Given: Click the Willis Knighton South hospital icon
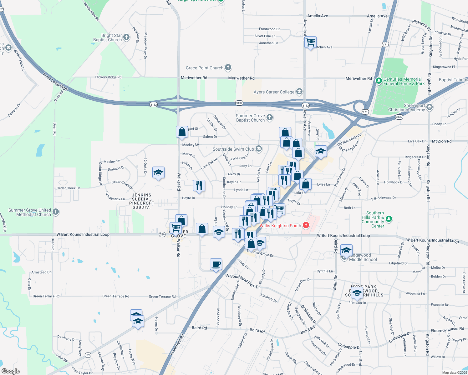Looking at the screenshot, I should pos(306,225).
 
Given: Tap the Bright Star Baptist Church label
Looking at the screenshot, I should pos(107,37).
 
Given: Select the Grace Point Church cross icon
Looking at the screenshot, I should pos(228,67).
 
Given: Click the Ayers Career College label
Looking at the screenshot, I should pos(274,92).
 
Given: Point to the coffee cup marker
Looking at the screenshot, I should pos(216,264).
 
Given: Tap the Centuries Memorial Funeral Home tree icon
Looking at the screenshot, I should pos(379,81).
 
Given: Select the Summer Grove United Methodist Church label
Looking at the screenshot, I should pos(30,212).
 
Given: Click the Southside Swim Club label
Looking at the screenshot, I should pos(233,149).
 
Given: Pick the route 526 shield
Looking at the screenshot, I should pos(162,234).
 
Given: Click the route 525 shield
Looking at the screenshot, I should pos(88,355).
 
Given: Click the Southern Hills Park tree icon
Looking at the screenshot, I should pos(389,219).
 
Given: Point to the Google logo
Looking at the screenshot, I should pos(10,371).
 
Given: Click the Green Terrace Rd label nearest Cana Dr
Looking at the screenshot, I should pos(46,296).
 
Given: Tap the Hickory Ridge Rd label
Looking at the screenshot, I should pos(108,77).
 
